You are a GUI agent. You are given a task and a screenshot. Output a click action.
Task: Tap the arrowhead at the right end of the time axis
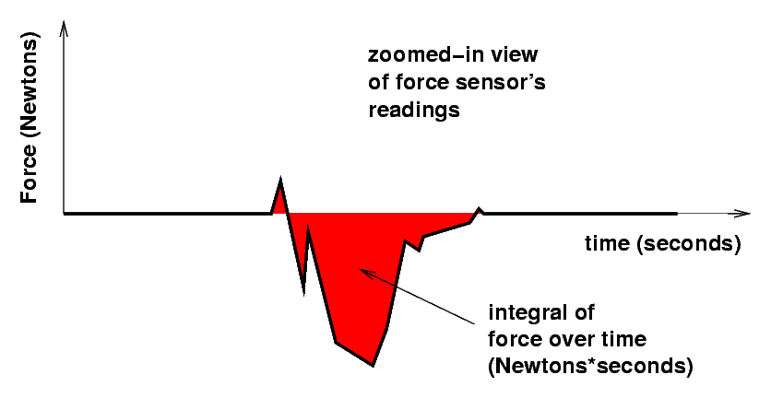[742, 214]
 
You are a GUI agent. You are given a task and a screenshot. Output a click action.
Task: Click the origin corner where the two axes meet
[64, 214]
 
